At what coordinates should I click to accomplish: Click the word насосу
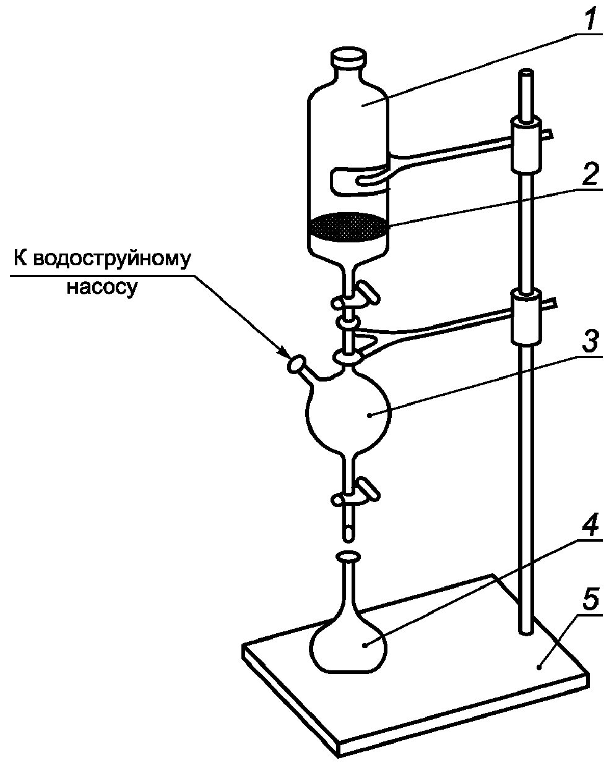[x=100, y=288]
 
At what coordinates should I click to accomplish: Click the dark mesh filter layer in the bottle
[x=348, y=227]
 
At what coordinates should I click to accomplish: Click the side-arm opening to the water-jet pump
[x=295, y=364]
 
